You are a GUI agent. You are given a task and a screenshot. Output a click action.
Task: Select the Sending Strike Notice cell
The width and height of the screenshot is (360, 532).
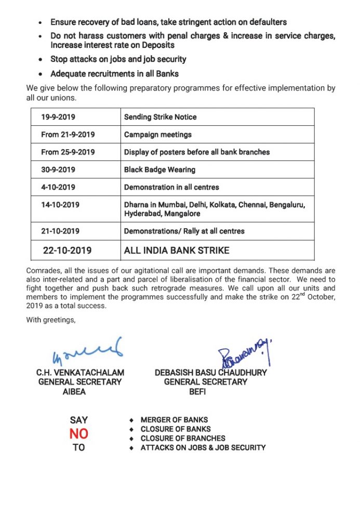point(160,117)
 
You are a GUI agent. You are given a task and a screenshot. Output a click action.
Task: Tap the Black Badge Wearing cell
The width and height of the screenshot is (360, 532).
point(159,170)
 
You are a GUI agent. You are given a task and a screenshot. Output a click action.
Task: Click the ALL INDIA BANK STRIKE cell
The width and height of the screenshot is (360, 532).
point(177,250)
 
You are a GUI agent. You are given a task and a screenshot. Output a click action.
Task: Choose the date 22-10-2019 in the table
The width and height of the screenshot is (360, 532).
point(67,250)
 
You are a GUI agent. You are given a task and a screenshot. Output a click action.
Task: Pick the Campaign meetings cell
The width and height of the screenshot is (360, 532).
point(157,135)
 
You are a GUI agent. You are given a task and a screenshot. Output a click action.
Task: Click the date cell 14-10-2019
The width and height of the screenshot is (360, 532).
point(60,205)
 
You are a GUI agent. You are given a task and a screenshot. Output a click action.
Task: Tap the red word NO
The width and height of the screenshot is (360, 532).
point(79,434)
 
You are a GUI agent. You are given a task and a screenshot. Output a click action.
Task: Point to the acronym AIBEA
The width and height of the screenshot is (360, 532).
point(74,392)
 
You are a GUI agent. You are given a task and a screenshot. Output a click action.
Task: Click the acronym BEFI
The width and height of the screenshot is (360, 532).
point(198,392)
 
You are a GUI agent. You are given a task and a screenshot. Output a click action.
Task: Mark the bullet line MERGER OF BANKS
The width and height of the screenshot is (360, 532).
point(174,420)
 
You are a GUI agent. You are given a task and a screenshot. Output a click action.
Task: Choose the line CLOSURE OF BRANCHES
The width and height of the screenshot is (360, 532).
point(183,438)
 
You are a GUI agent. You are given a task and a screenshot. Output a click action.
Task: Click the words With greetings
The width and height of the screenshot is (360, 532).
point(51,320)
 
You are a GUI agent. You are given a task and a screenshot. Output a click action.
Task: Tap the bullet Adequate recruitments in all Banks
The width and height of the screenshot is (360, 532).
point(114,74)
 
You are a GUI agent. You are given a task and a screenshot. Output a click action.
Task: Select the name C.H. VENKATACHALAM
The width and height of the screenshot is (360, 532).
point(80,373)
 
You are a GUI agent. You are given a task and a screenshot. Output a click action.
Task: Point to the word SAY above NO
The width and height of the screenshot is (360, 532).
point(79,420)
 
